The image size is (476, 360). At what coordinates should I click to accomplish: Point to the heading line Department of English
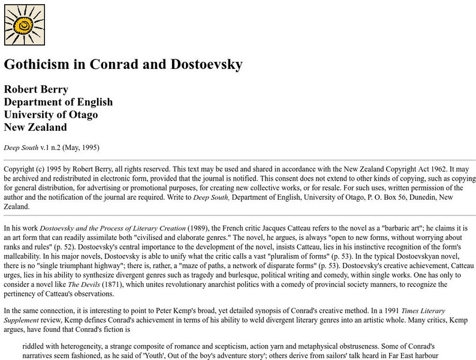click(58, 101)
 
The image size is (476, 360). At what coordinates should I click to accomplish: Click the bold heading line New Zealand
click(35, 127)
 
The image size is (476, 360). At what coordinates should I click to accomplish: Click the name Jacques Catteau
click(292, 228)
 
